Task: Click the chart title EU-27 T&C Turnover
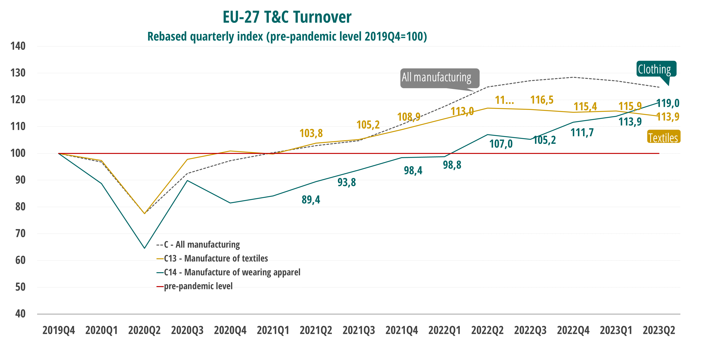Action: tap(287, 17)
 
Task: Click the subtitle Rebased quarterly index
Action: tap(287, 37)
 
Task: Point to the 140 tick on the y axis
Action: tap(18, 46)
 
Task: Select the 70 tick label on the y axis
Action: tap(20, 233)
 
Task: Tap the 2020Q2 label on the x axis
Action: tap(144, 330)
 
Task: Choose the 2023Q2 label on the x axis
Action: tap(659, 330)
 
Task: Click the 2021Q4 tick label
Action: tap(402, 330)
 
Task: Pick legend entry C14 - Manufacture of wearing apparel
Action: tap(232, 272)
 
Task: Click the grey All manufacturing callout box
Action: tap(440, 78)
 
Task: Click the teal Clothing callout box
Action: tap(656, 69)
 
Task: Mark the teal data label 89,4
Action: tap(311, 200)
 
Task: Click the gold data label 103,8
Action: tap(311, 133)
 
